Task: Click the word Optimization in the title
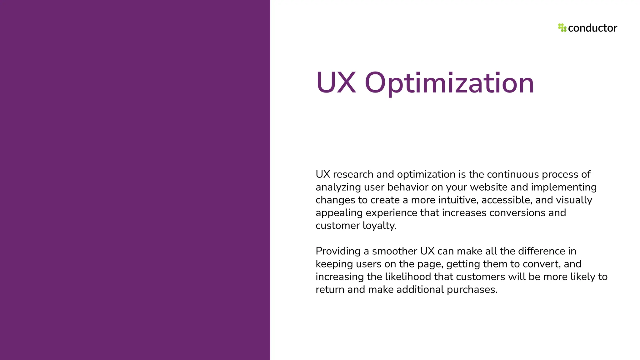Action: (449, 83)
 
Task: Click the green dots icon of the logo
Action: (562, 28)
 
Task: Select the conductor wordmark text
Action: (592, 28)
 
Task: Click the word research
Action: (353, 174)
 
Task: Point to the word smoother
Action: (394, 251)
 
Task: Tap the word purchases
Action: (472, 290)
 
